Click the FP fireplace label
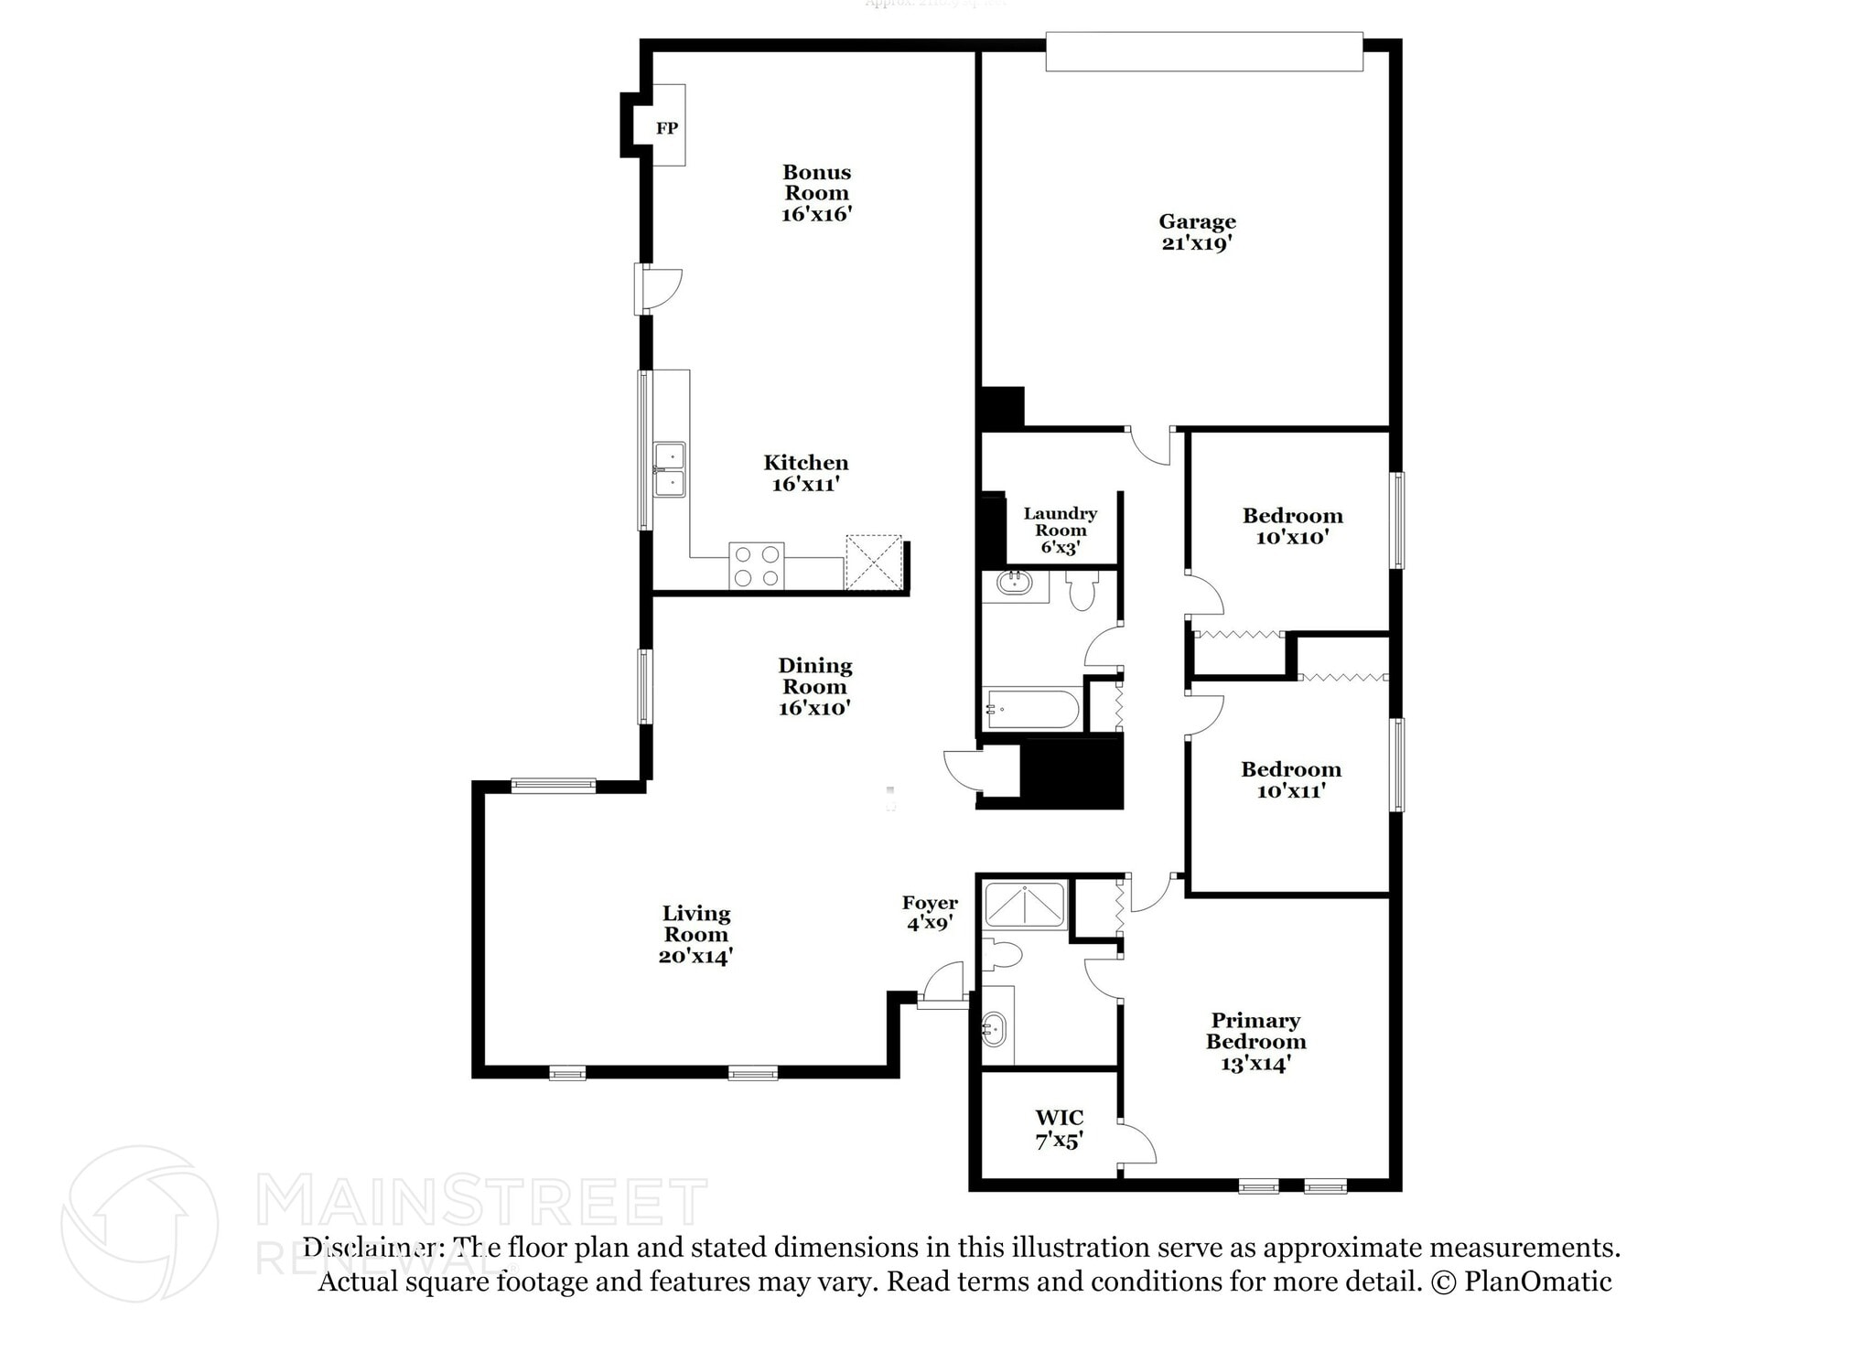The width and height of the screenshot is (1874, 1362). (x=667, y=128)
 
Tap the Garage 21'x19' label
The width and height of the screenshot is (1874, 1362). (x=1197, y=232)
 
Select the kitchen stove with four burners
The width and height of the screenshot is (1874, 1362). (x=757, y=566)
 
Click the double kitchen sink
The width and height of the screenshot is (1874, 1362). (x=669, y=469)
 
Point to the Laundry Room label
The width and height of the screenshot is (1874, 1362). (x=1060, y=531)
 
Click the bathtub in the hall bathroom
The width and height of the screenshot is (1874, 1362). (x=1031, y=709)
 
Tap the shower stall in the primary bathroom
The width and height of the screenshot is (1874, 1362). (x=1024, y=905)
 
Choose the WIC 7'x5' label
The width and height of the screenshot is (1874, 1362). (x=1060, y=1129)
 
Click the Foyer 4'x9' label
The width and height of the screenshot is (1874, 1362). (x=930, y=913)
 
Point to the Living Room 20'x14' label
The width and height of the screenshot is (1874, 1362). (x=695, y=934)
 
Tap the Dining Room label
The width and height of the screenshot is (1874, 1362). (x=814, y=686)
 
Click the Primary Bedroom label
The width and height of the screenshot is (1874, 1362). (x=1255, y=1041)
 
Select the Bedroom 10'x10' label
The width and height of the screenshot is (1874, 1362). (x=1292, y=526)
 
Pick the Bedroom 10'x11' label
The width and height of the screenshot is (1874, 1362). (x=1291, y=780)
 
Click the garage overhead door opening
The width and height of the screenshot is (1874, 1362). (x=1204, y=51)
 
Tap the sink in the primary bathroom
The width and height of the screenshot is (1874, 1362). (x=993, y=1029)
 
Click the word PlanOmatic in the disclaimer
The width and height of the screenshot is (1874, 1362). (x=1537, y=1282)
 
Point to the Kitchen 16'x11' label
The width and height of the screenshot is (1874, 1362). (x=805, y=473)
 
